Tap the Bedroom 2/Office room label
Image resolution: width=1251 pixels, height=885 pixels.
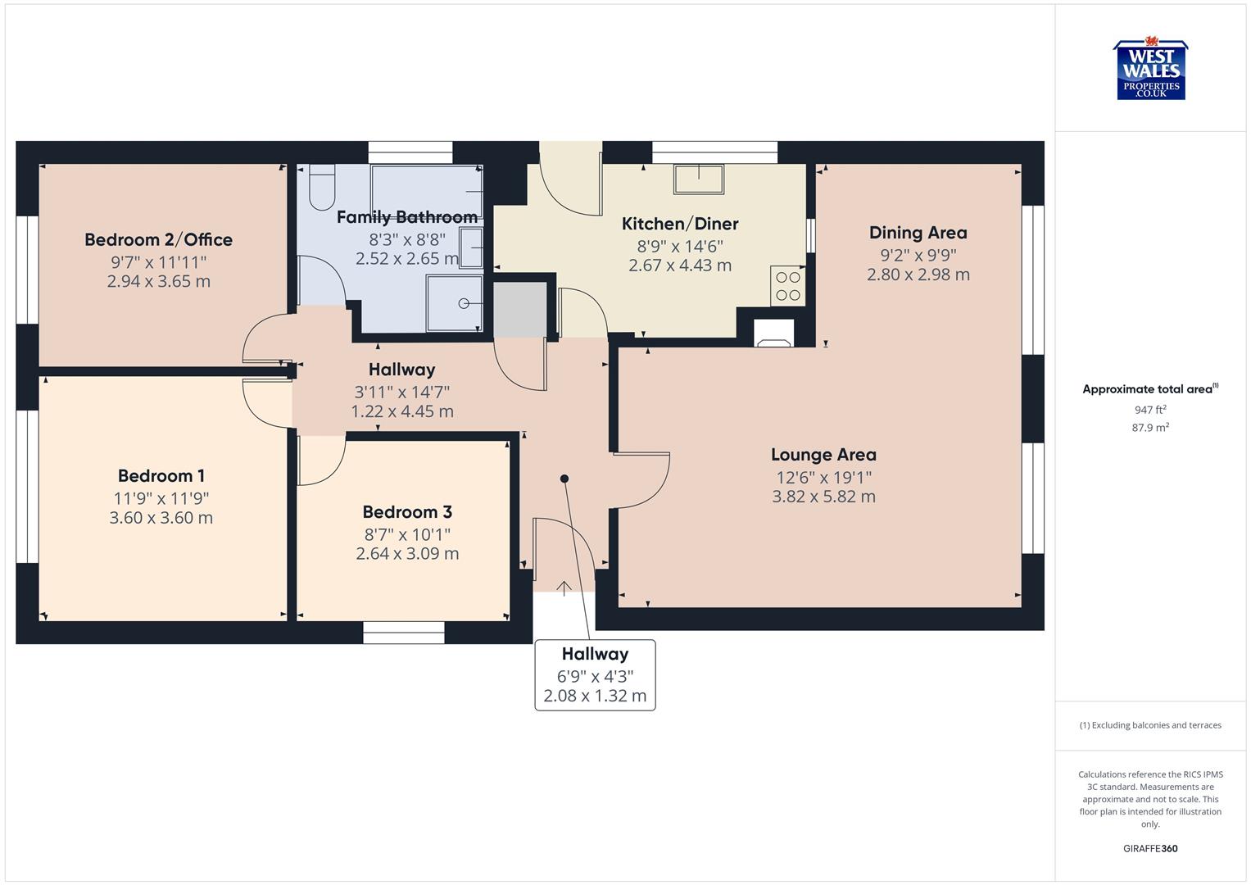click(x=158, y=240)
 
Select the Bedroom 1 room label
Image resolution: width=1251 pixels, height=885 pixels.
click(x=161, y=476)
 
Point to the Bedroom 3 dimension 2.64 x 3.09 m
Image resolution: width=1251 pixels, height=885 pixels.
click(x=407, y=554)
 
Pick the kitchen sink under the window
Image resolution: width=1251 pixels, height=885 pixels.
click(x=698, y=179)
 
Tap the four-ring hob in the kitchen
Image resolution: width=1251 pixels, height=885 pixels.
click(x=787, y=286)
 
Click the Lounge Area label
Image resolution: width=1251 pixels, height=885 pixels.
click(x=823, y=455)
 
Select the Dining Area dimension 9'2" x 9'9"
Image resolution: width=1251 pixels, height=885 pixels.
click(x=918, y=255)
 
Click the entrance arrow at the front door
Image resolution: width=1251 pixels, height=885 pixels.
click(x=564, y=587)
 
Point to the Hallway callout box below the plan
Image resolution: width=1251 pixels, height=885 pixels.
click(x=595, y=675)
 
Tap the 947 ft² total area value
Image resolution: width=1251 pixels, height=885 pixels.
click(x=1150, y=410)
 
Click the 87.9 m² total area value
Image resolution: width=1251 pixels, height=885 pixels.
click(x=1150, y=428)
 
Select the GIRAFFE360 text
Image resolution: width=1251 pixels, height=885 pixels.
click(x=1150, y=849)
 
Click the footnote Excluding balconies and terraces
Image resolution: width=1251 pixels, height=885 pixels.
click(x=1150, y=725)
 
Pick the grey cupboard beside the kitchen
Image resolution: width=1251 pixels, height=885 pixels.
click(x=519, y=309)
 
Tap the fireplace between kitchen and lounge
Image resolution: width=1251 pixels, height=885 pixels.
click(x=773, y=334)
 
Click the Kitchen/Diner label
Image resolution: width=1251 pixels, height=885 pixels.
click(x=680, y=224)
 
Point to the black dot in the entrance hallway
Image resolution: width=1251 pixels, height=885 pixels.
click(x=564, y=479)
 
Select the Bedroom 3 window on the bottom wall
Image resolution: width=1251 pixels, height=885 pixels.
click(x=404, y=632)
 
